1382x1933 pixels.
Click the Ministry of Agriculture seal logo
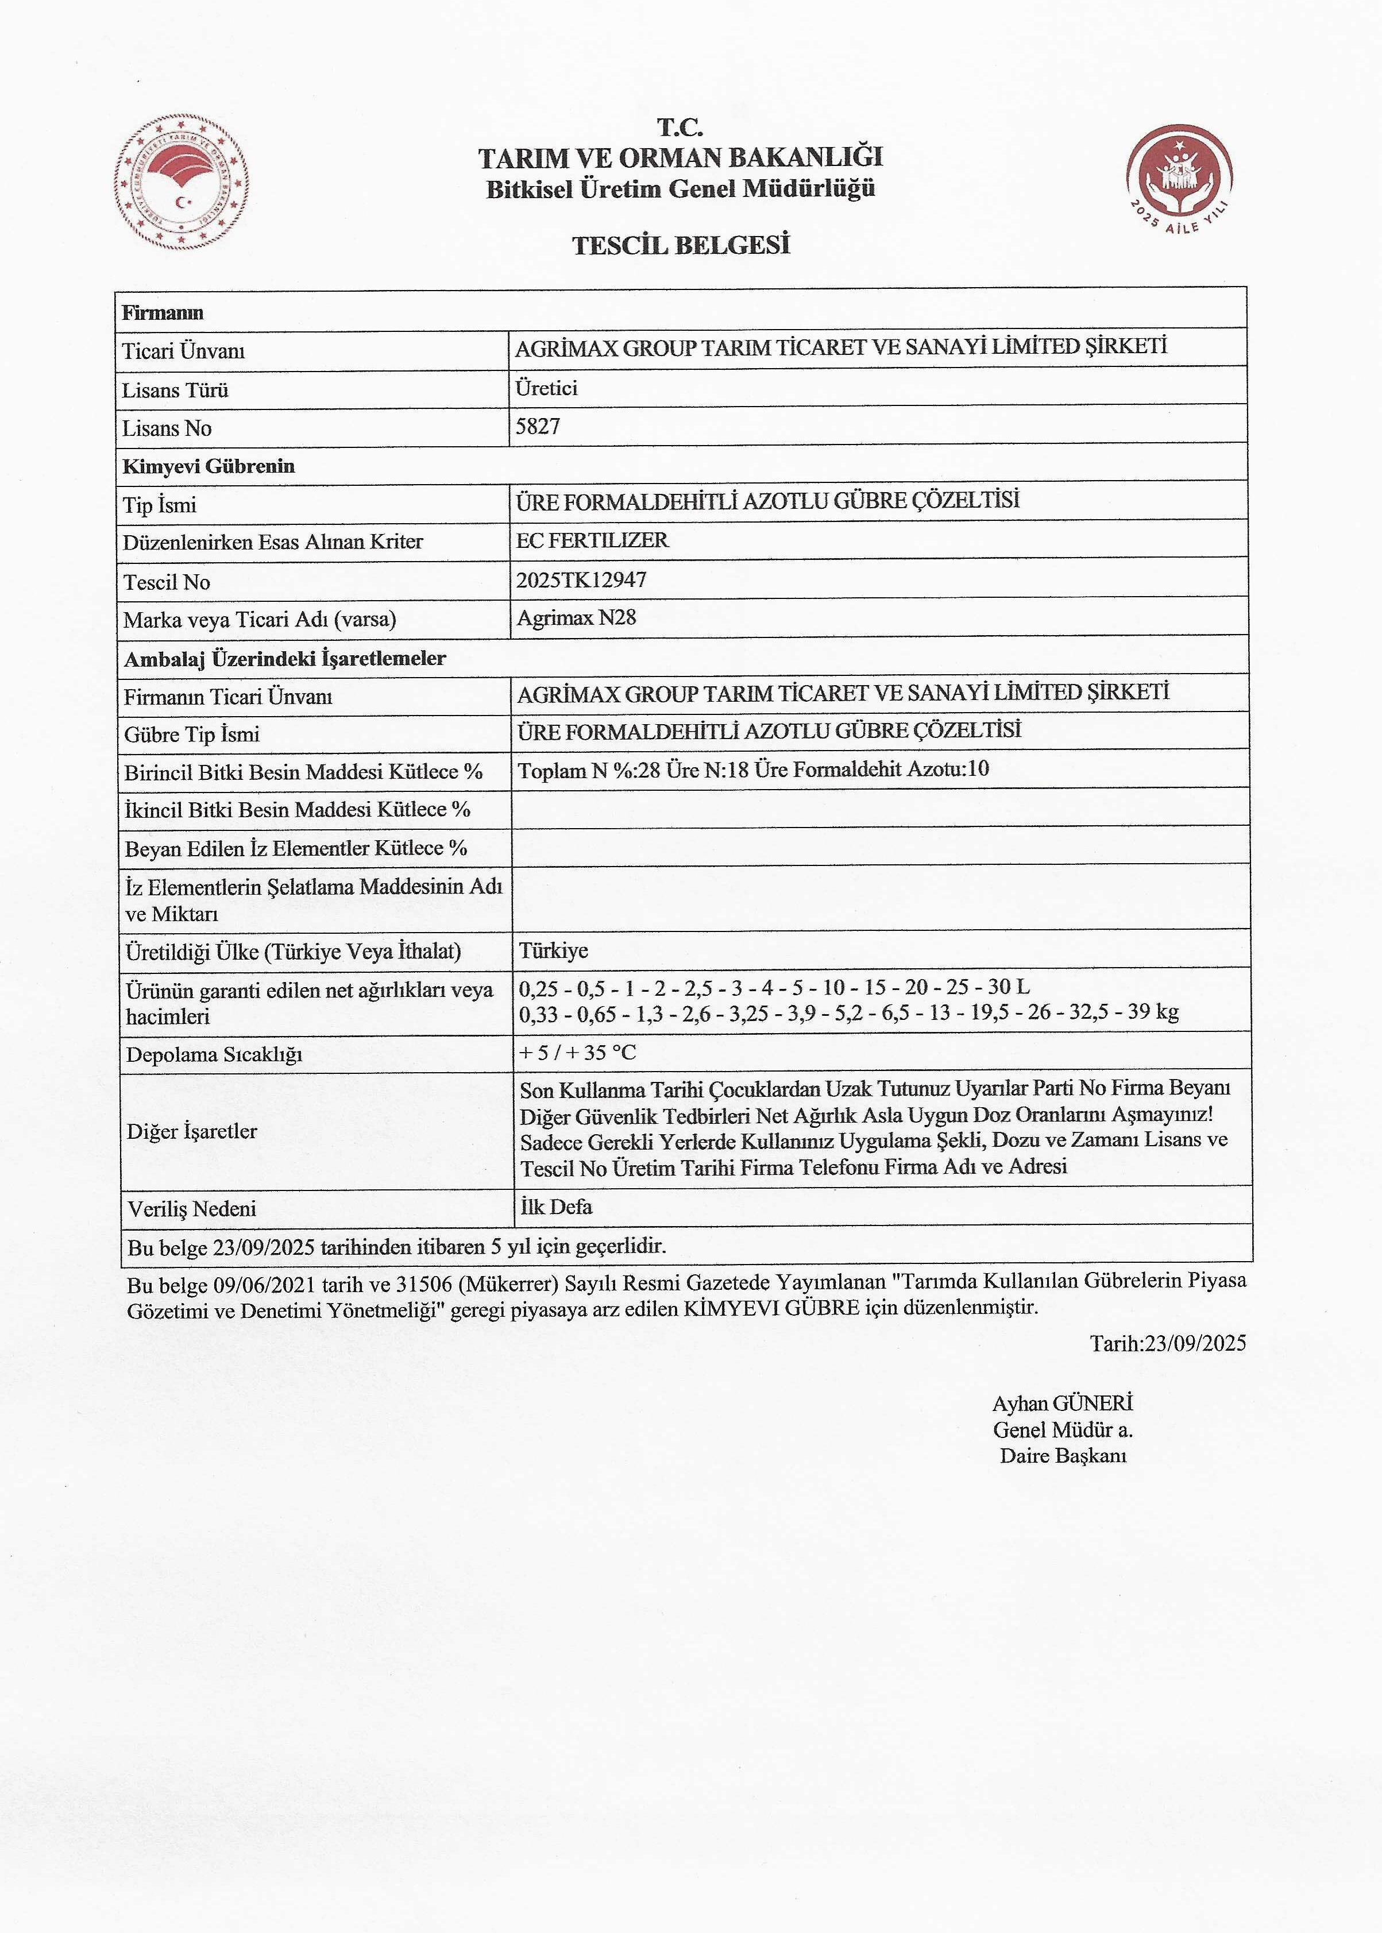pos(182,181)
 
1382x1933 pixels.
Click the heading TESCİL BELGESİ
pos(681,246)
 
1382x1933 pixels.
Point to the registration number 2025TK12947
pos(581,580)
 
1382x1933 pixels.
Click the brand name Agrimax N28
pos(576,618)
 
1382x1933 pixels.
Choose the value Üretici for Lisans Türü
pos(546,388)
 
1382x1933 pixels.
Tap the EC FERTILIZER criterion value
pos(592,540)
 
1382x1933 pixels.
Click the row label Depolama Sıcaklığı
pos(214,1055)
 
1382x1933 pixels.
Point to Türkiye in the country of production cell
pos(553,950)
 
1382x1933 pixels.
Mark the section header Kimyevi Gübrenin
pos(209,466)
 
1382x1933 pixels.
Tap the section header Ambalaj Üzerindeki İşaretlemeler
pos(285,659)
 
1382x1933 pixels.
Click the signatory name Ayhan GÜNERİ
pos(1062,1403)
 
